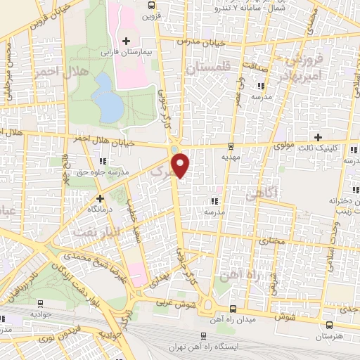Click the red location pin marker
click(x=181, y=165)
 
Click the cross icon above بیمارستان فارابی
click(x=126, y=41)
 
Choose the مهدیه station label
click(x=232, y=158)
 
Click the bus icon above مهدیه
click(x=232, y=146)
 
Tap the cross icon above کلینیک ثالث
click(x=319, y=137)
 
